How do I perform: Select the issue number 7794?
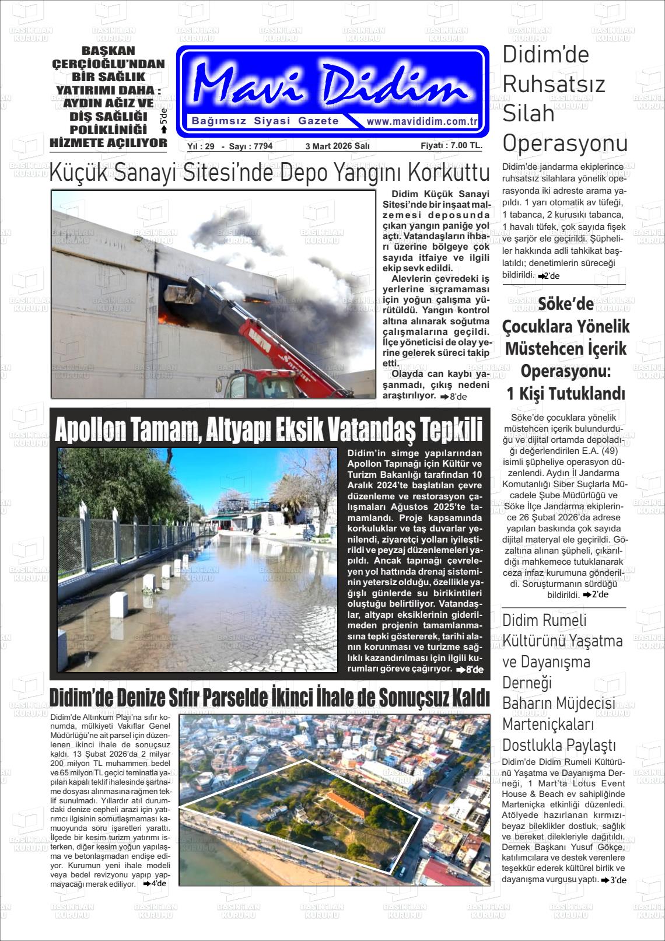coord(261,146)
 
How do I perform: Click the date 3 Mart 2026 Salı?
coord(337,146)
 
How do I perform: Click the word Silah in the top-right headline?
coord(528,113)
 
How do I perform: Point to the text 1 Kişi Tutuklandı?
coord(565,394)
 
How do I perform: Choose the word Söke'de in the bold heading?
coord(565,304)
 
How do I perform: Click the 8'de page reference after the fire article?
coord(454,397)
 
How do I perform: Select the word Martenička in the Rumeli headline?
coord(548,725)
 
